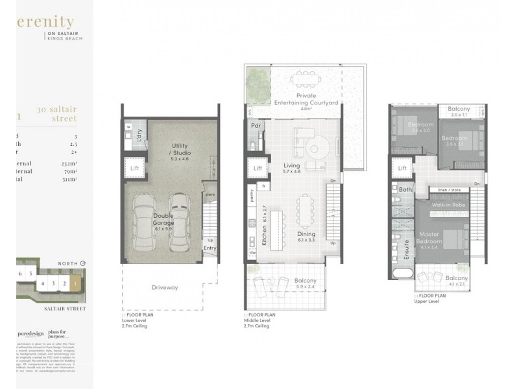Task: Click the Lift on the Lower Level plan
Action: click(x=135, y=168)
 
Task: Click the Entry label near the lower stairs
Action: click(x=210, y=248)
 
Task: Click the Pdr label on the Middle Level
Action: click(x=256, y=125)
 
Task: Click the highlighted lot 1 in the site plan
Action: click(x=76, y=283)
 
